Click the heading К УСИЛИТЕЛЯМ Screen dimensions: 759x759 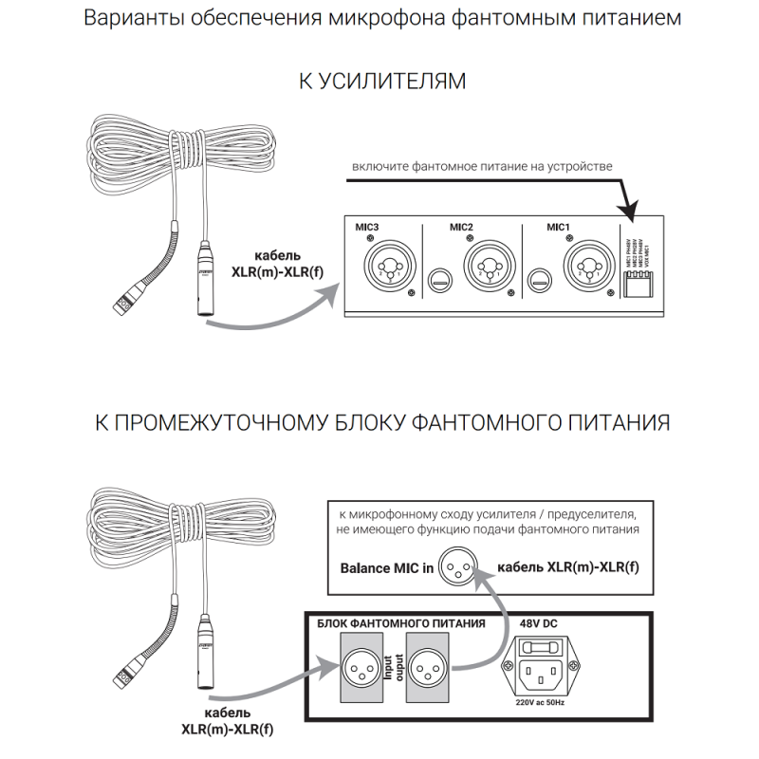(x=382, y=82)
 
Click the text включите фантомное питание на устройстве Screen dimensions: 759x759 (x=482, y=166)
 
